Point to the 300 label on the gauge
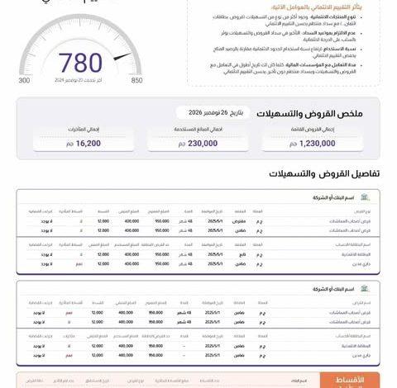(x=24, y=103)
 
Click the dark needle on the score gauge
(x=121, y=56)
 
